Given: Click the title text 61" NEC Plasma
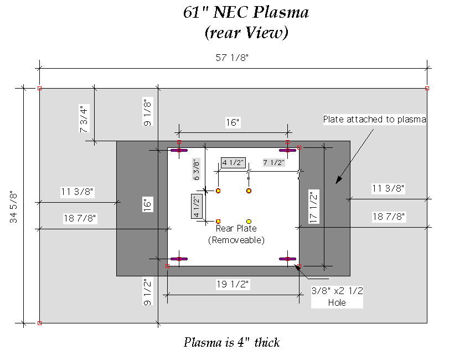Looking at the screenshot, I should click(x=246, y=13).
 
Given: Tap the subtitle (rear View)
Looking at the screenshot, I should click(x=246, y=33).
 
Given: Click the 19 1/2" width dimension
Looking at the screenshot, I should click(x=233, y=285).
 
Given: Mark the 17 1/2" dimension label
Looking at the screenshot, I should click(x=314, y=207).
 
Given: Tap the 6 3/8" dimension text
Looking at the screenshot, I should click(x=195, y=170).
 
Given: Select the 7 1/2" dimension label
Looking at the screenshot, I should click(x=274, y=162).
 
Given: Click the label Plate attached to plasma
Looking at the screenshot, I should click(x=374, y=119).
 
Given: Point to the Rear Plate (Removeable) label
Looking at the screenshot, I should click(x=236, y=234).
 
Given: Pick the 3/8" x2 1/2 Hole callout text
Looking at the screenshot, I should click(x=337, y=296).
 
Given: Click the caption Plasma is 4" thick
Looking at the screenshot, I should click(x=231, y=342).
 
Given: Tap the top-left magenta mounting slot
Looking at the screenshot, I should click(x=179, y=150).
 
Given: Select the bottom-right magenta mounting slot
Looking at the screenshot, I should click(x=288, y=259).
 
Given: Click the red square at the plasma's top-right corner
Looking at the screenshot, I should click(x=427, y=88).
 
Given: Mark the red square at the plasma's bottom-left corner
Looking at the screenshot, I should click(x=39, y=322).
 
